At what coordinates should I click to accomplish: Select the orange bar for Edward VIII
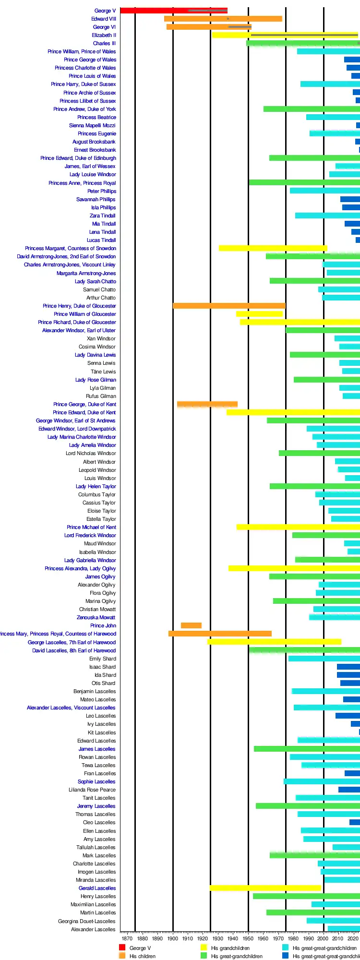pyautogui.click(x=223, y=19)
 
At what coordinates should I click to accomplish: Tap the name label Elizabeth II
pyautogui.click(x=104, y=35)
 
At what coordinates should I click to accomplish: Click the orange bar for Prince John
pyautogui.click(x=191, y=625)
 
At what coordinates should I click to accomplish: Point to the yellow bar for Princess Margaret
pyautogui.click(x=273, y=248)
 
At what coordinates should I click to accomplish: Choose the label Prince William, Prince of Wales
pyautogui.click(x=82, y=51)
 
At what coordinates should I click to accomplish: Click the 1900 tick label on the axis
pyautogui.click(x=173, y=938)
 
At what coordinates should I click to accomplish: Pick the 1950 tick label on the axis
pyautogui.click(x=248, y=938)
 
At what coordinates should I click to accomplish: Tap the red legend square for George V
pyautogui.click(x=122, y=948)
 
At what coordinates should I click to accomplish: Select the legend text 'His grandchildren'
pyautogui.click(x=230, y=948)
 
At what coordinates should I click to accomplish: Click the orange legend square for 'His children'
pyautogui.click(x=122, y=956)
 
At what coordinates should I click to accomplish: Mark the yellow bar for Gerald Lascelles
pyautogui.click(x=265, y=888)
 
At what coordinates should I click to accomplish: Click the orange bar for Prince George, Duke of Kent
pyautogui.click(x=207, y=404)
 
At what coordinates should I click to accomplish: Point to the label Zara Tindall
pyautogui.click(x=102, y=216)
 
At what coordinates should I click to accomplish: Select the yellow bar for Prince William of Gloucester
pyautogui.click(x=259, y=314)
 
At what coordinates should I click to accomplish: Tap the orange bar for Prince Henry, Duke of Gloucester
pyautogui.click(x=229, y=306)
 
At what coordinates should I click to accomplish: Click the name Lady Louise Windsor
pyautogui.click(x=93, y=174)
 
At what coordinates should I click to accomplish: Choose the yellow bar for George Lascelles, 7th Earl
pyautogui.click(x=274, y=642)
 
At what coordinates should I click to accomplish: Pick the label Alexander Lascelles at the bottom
pyautogui.click(x=93, y=929)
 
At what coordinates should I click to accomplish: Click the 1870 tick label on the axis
pyautogui.click(x=127, y=938)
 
